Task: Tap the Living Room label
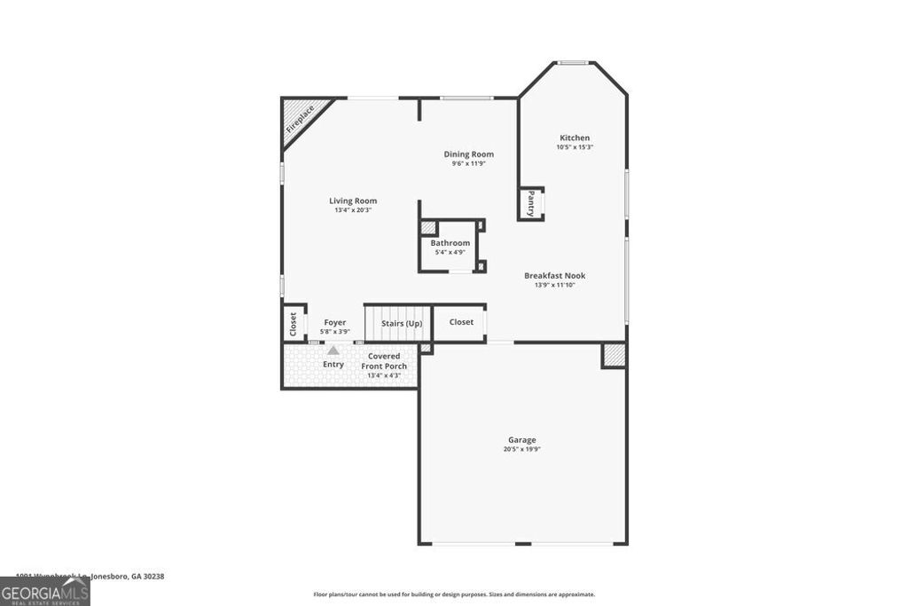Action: tap(353, 201)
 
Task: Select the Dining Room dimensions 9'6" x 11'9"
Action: tap(468, 163)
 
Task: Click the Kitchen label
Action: tap(575, 138)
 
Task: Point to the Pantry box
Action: tap(531, 203)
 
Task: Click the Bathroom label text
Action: tap(450, 243)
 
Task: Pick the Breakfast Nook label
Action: tap(554, 275)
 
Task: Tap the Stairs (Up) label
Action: tap(402, 323)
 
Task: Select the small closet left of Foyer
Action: tap(292, 324)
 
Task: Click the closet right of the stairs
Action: tap(461, 322)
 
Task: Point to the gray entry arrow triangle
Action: tap(333, 350)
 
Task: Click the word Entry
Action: tap(333, 365)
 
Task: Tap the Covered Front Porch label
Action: tap(384, 361)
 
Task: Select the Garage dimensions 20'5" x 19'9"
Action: tap(521, 449)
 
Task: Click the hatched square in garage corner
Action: tap(614, 355)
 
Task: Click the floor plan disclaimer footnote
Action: tap(453, 594)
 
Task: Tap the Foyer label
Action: tap(334, 322)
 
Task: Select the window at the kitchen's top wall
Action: tap(573, 62)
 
